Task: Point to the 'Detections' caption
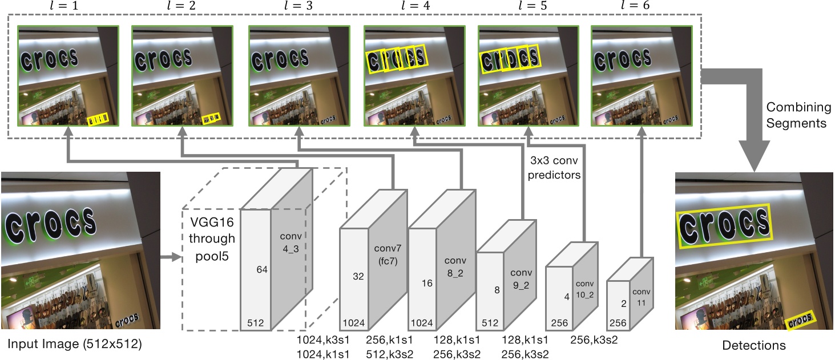point(753,345)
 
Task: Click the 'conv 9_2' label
point(521,279)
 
